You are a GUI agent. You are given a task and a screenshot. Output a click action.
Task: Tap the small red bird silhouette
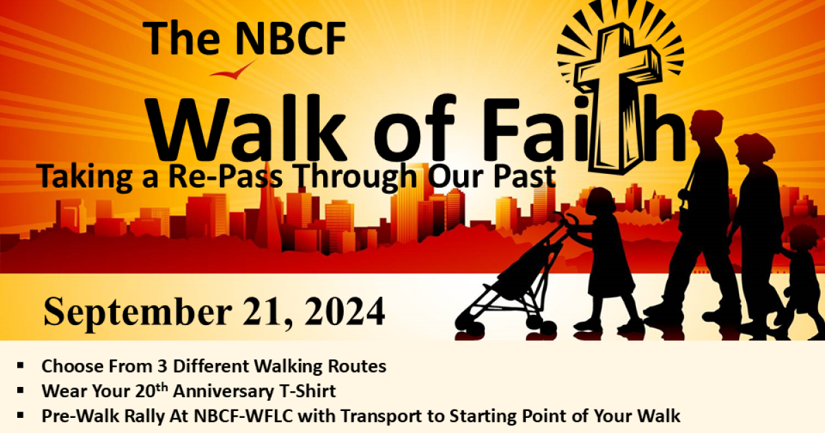[x=232, y=71]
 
